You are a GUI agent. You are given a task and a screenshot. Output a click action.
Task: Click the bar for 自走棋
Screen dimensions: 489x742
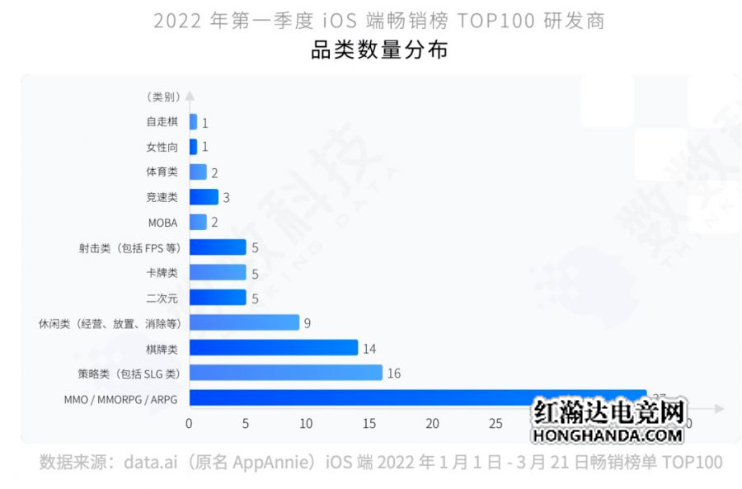click(x=193, y=122)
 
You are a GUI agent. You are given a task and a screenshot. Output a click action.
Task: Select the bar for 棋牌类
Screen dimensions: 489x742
click(x=273, y=348)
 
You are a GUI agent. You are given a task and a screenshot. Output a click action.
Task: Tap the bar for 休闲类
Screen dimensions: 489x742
click(x=244, y=322)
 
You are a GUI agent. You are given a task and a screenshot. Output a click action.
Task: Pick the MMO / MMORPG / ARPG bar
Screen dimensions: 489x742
click(x=417, y=398)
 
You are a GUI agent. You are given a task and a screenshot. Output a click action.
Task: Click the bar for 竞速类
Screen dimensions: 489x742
click(x=204, y=197)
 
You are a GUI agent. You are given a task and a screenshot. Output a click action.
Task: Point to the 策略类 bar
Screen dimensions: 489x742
click(x=285, y=373)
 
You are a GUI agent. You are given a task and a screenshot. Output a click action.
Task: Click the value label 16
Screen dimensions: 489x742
click(x=393, y=374)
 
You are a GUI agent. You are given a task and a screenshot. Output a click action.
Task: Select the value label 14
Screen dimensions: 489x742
click(x=369, y=348)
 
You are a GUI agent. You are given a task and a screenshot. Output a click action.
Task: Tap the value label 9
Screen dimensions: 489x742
click(x=307, y=323)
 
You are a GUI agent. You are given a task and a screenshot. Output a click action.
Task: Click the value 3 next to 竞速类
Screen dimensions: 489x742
click(x=226, y=198)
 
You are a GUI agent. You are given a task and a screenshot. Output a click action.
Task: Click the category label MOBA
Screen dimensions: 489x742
click(x=162, y=223)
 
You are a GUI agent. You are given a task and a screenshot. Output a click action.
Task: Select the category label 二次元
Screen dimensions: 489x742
click(x=162, y=298)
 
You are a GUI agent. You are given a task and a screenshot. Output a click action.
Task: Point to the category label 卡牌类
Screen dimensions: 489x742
click(x=162, y=272)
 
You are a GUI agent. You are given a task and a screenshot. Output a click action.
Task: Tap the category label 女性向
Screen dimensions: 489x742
click(x=162, y=147)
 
